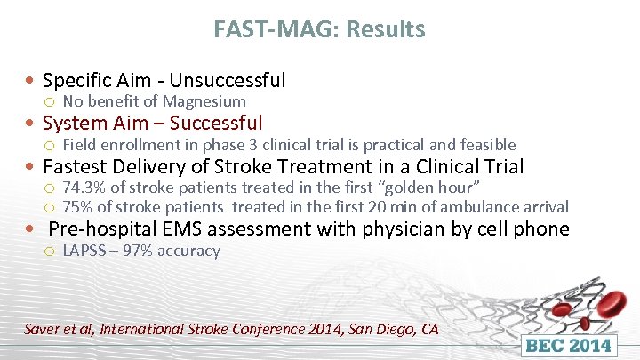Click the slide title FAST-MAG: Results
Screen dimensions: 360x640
tap(319, 29)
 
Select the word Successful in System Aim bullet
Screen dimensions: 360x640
tap(216, 123)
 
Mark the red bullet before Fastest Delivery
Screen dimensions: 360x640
tap(31, 167)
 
